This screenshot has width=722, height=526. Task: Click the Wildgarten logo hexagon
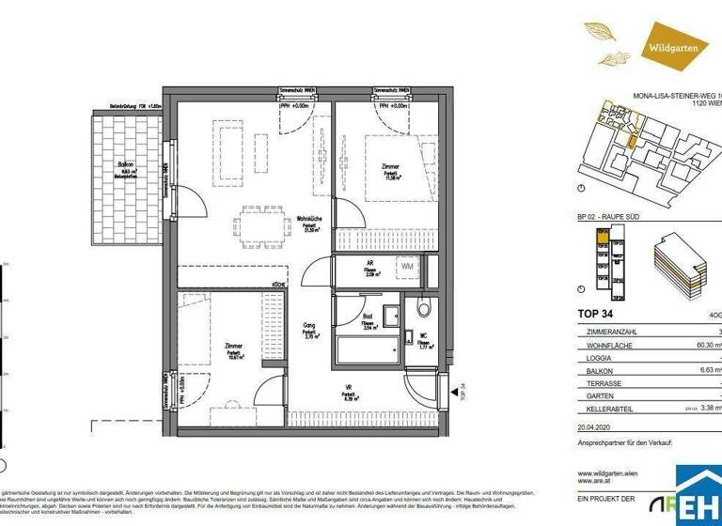(670, 43)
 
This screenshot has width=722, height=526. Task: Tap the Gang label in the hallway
(308, 329)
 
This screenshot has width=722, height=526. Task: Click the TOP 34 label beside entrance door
(463, 391)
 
